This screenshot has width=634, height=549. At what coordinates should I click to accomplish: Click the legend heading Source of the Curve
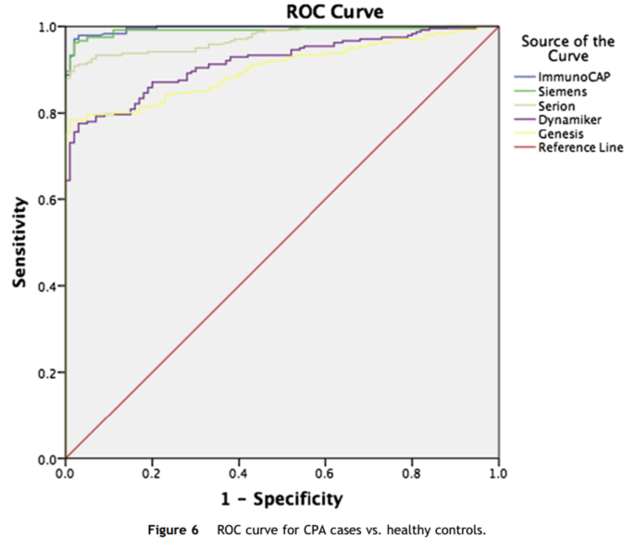(x=567, y=49)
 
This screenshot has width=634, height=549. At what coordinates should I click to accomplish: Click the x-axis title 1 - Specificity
(x=281, y=499)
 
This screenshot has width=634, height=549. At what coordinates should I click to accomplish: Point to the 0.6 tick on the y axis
(x=44, y=199)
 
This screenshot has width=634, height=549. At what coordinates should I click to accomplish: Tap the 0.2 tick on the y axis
(x=44, y=372)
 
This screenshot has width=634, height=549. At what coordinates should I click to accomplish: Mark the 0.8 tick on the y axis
(x=44, y=113)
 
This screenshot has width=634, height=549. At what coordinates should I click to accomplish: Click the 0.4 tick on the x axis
(x=239, y=473)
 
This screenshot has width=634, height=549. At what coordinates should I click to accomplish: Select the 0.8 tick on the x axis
(x=412, y=473)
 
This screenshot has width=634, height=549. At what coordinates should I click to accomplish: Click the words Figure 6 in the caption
(x=173, y=530)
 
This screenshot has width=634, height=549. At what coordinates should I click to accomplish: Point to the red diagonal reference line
(x=282, y=243)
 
